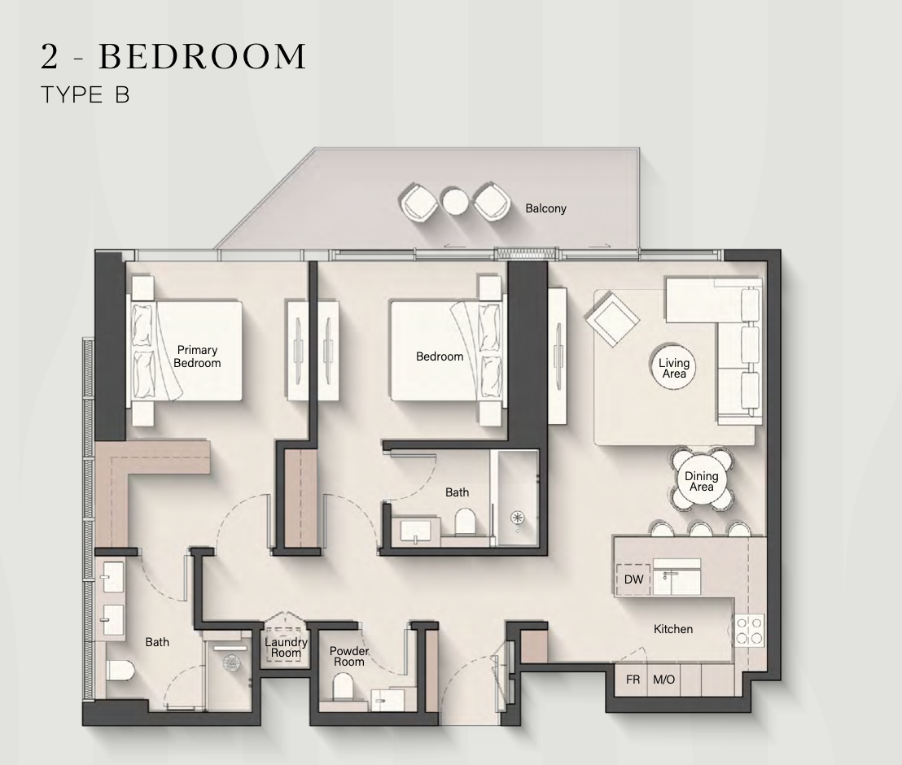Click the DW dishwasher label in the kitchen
tap(633, 579)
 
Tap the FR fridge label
tap(633, 680)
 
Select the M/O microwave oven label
tap(663, 680)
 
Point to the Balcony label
tap(545, 208)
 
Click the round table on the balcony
tap(455, 202)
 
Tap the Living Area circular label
tap(673, 368)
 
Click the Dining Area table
tap(702, 480)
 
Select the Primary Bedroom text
tap(197, 356)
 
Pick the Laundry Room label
tap(286, 647)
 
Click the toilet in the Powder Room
tap(343, 686)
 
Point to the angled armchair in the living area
tap(612, 318)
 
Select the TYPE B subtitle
tap(85, 95)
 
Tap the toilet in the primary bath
tap(120, 670)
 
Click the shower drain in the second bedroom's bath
tap(517, 518)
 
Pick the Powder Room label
tap(349, 656)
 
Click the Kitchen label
tap(673, 629)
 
